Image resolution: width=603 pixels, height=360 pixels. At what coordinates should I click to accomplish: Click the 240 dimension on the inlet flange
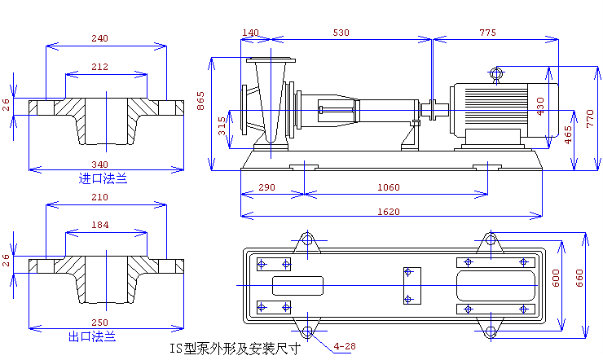[x=99, y=38]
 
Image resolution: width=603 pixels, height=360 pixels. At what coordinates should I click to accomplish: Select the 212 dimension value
[x=99, y=67]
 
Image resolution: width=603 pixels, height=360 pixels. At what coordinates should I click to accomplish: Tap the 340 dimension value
[x=99, y=165]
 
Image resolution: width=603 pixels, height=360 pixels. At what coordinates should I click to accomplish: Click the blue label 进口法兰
[x=103, y=178]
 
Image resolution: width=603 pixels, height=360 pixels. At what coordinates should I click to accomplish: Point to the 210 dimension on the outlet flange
[x=99, y=198]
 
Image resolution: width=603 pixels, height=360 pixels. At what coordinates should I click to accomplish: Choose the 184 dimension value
[x=99, y=225]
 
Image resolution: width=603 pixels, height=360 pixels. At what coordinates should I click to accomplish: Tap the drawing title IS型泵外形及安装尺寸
[x=235, y=349]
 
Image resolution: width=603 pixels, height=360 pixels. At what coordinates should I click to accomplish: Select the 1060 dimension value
[x=389, y=187]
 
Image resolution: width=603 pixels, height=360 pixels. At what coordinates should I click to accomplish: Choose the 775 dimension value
[x=487, y=33]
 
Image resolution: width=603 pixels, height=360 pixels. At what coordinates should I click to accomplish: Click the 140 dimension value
[x=250, y=33]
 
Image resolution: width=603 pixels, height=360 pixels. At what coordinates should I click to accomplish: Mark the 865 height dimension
[x=200, y=101]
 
